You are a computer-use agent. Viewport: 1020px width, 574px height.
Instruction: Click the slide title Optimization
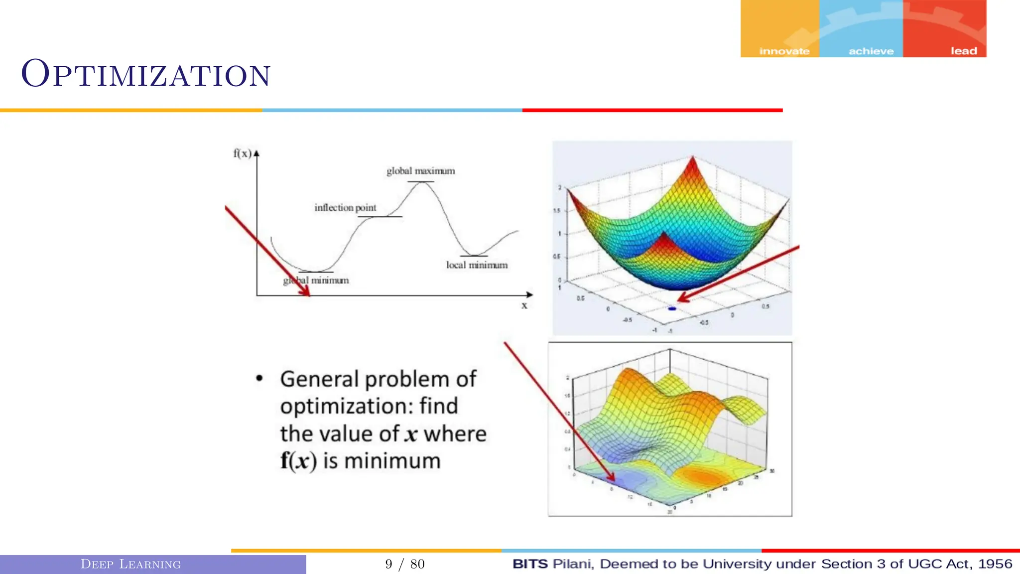[146, 75]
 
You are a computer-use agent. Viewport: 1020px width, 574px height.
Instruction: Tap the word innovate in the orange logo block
[784, 51]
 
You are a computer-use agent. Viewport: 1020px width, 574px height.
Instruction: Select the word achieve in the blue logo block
[871, 51]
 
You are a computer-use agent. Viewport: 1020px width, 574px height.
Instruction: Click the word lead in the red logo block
[963, 51]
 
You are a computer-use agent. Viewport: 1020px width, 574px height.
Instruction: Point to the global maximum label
[420, 171]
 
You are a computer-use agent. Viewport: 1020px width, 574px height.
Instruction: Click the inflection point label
[345, 208]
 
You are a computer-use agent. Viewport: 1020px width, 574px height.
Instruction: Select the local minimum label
[477, 265]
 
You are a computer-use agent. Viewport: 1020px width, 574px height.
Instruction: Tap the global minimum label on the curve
[316, 281]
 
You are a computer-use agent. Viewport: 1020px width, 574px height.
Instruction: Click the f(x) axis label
[243, 153]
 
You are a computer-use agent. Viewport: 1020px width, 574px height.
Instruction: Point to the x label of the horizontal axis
[524, 305]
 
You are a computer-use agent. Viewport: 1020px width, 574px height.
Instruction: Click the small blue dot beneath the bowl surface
[672, 309]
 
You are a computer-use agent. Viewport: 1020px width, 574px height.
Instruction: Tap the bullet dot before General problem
[259, 379]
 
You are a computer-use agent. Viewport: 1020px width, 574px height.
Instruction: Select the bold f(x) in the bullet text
[298, 461]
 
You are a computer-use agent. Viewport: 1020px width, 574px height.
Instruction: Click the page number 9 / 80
[404, 564]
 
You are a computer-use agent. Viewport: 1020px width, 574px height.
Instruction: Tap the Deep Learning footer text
[130, 564]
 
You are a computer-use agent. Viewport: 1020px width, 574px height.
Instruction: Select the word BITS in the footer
[530, 564]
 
